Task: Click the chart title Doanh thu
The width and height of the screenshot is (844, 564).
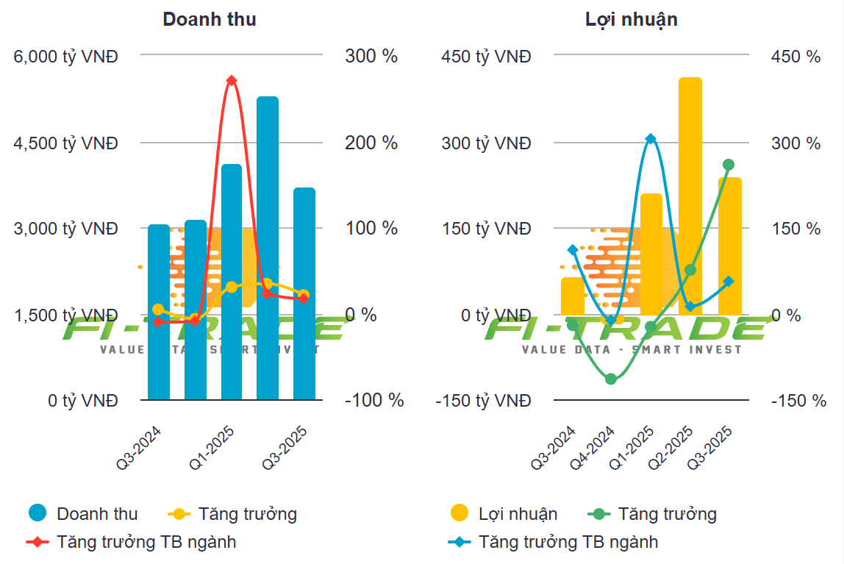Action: tap(210, 20)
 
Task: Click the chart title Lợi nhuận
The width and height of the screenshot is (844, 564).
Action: tap(631, 20)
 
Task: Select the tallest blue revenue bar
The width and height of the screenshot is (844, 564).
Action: tap(268, 247)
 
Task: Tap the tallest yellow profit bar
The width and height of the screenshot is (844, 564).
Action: tap(690, 196)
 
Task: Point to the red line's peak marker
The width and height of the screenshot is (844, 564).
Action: tap(231, 80)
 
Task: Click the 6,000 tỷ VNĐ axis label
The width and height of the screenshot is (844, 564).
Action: tap(66, 57)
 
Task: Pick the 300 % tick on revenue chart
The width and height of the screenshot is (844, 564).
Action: tap(371, 57)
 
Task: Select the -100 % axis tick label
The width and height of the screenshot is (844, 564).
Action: tap(374, 401)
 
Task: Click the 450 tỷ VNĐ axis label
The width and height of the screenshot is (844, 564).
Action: tap(486, 57)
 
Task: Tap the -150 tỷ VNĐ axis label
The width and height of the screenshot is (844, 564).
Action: tap(483, 401)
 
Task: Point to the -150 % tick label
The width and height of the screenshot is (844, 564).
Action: tap(798, 401)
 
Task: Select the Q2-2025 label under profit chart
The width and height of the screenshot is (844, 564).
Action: tap(671, 448)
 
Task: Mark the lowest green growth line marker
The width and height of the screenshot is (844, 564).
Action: tap(610, 379)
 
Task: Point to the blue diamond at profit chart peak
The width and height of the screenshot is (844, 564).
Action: tap(651, 139)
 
